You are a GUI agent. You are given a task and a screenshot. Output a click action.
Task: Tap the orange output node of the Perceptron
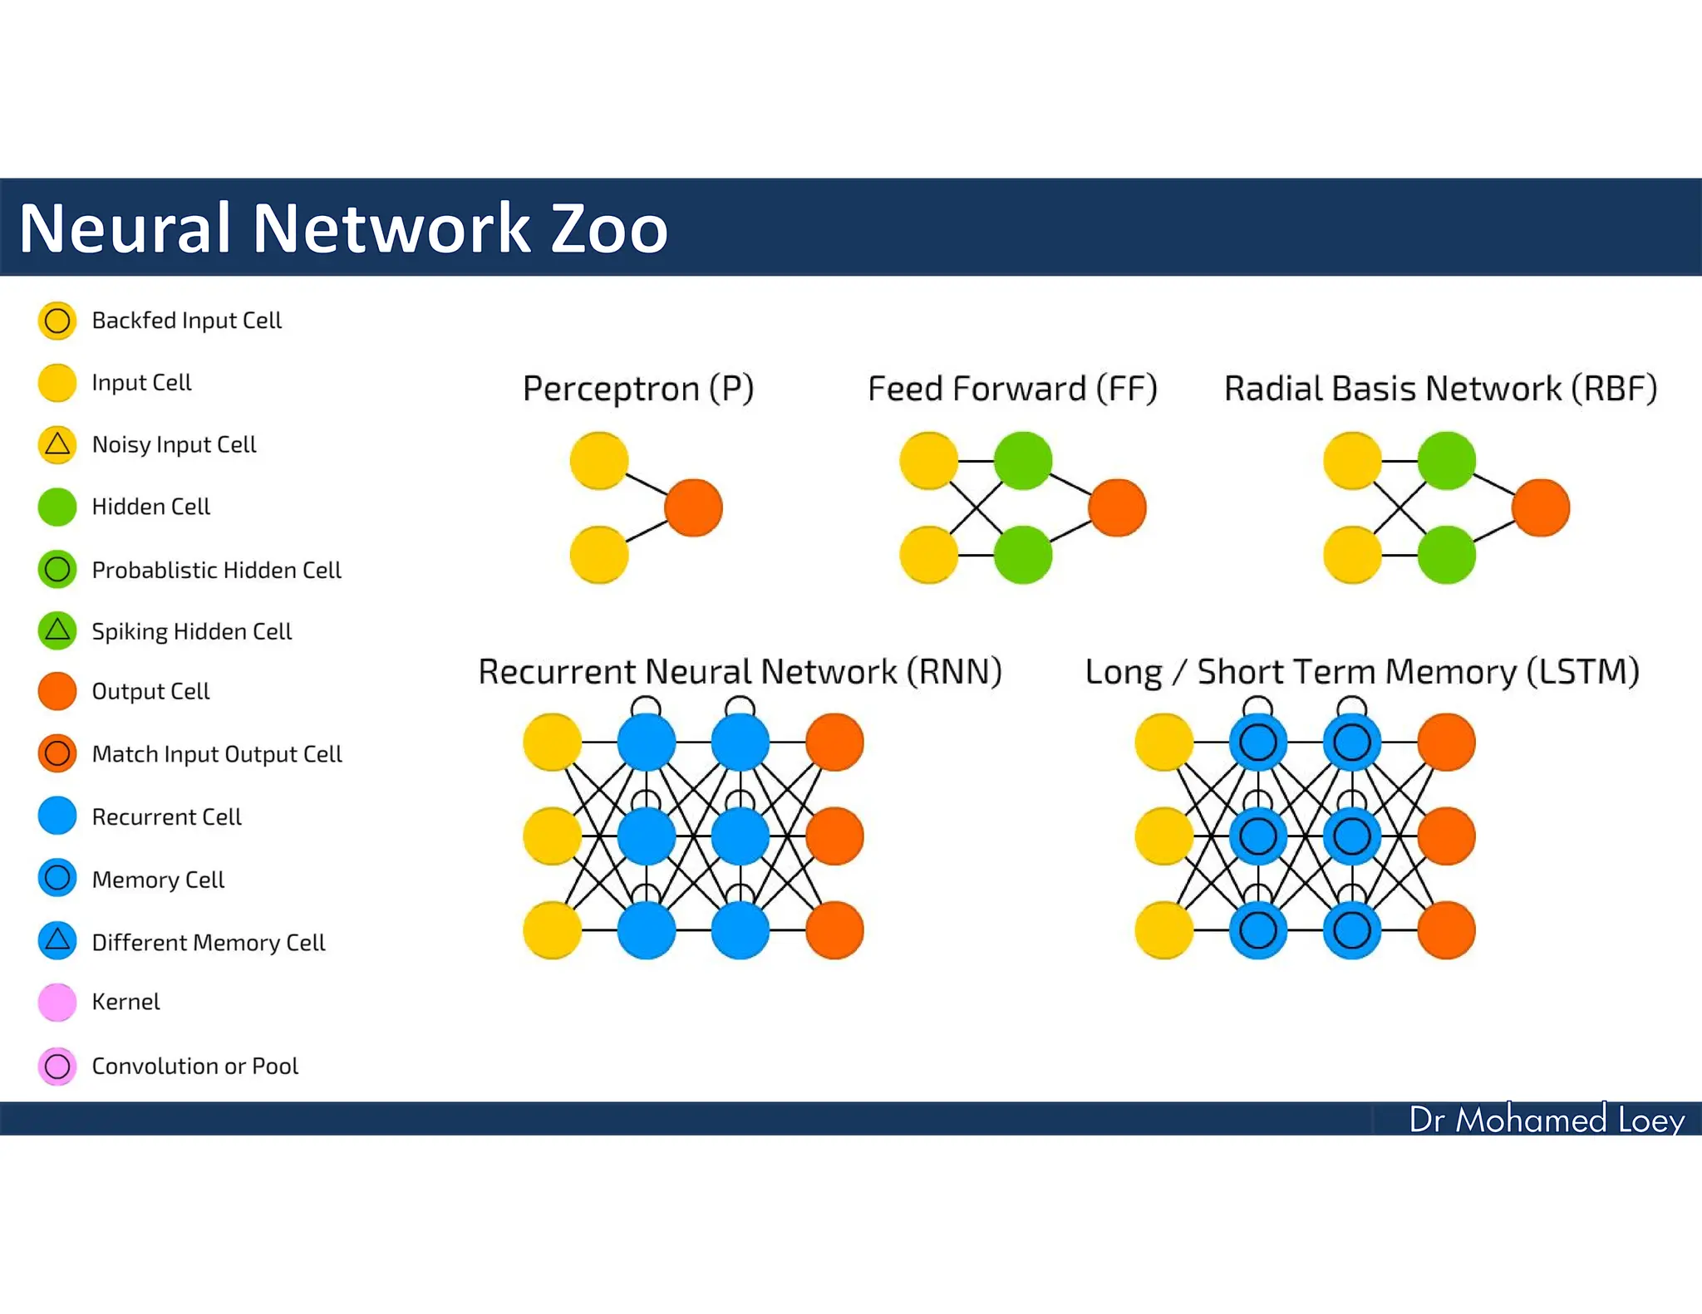(x=694, y=507)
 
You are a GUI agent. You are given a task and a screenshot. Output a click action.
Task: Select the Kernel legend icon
(x=57, y=1003)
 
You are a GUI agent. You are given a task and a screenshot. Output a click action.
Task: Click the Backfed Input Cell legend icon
(x=57, y=321)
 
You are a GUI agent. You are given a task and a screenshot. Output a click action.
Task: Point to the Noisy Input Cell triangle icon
(x=57, y=444)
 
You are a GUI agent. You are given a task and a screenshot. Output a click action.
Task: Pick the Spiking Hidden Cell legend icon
(x=57, y=631)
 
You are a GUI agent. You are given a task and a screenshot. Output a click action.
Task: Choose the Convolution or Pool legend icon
(x=57, y=1066)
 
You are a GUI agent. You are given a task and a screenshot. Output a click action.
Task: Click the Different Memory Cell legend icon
(x=57, y=941)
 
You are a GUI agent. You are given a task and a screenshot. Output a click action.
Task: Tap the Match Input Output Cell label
(x=217, y=754)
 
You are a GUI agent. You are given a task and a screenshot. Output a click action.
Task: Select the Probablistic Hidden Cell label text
(x=216, y=570)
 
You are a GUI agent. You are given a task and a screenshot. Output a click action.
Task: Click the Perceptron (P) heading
(x=638, y=389)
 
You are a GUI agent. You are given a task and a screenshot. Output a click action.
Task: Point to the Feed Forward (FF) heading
(x=1012, y=389)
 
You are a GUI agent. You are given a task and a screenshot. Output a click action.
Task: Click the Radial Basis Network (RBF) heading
(x=1440, y=389)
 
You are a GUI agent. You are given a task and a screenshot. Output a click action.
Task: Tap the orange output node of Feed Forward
(x=1117, y=507)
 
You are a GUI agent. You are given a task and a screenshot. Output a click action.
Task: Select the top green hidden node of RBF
(x=1446, y=460)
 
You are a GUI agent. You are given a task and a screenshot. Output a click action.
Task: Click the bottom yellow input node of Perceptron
(x=598, y=555)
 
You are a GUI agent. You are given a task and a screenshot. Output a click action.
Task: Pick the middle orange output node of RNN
(x=834, y=836)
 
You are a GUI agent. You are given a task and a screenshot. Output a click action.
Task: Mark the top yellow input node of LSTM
(x=1163, y=742)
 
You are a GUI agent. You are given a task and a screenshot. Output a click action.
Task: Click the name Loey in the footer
(x=1650, y=1120)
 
